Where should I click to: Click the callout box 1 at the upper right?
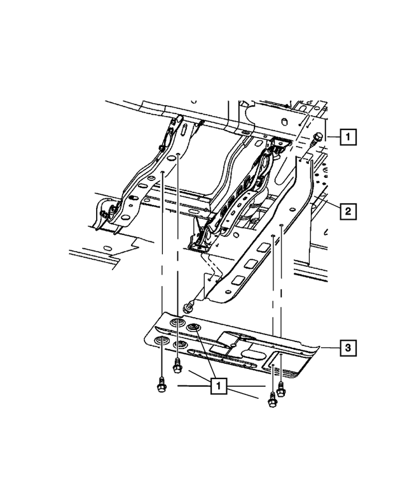coord(347,136)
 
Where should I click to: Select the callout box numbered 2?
coord(347,210)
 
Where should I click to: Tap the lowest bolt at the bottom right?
coord(272,399)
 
